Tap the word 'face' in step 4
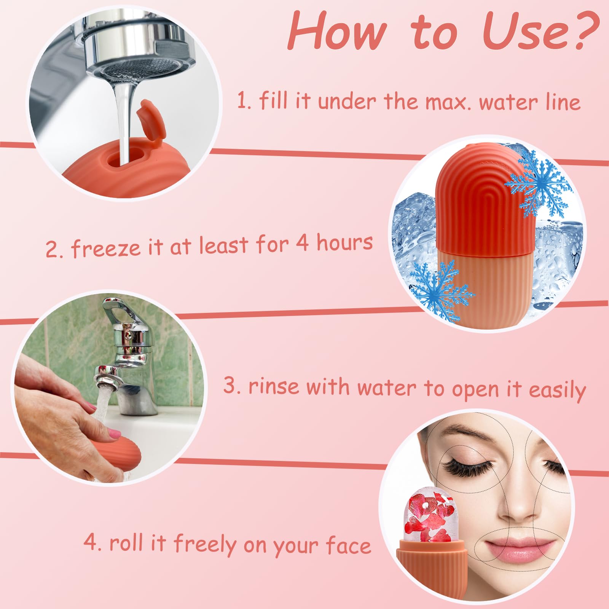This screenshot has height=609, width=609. pyautogui.click(x=348, y=545)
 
